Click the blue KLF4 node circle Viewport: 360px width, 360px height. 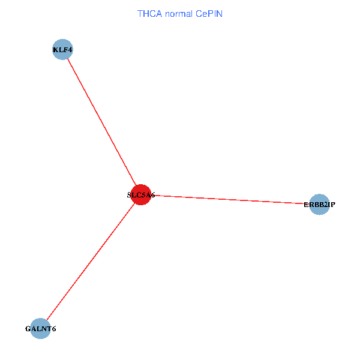click(x=63, y=50)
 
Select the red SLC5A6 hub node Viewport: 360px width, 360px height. click(x=140, y=195)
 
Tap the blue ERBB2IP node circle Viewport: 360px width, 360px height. click(x=319, y=205)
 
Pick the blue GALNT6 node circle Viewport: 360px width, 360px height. click(x=40, y=329)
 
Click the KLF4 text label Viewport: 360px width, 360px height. click(x=63, y=50)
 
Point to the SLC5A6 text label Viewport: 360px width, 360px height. click(x=141, y=195)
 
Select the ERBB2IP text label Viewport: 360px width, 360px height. click(x=319, y=205)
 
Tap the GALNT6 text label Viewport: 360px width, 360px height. click(x=40, y=329)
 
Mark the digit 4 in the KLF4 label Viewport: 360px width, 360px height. click(x=70, y=50)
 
